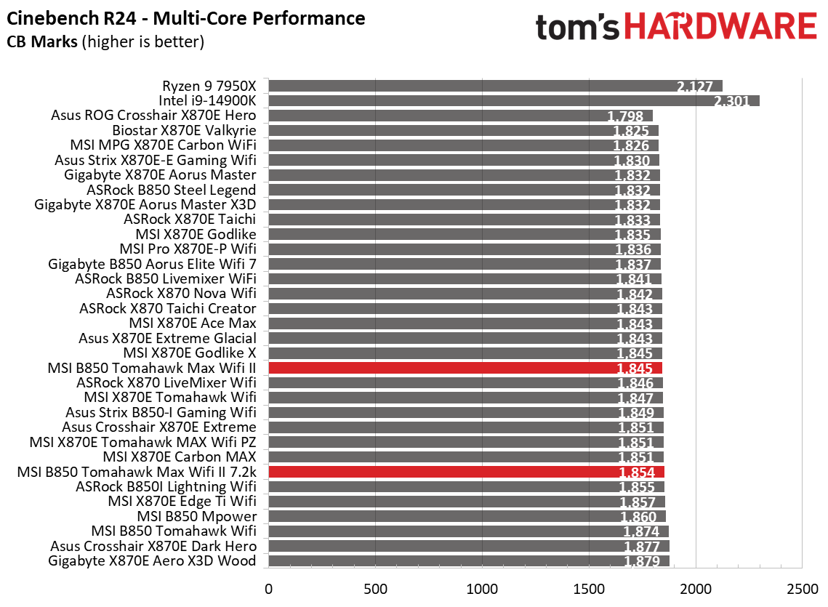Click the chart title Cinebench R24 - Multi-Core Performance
185,17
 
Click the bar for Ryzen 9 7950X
494,86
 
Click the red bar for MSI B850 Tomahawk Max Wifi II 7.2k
466,472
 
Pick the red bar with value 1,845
465,368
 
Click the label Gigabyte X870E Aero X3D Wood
152,560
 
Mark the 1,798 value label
624,116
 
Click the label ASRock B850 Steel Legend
171,190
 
